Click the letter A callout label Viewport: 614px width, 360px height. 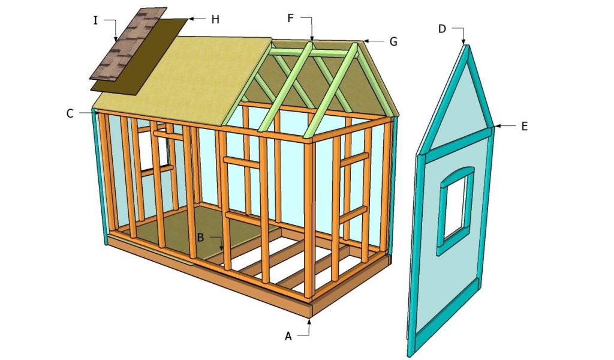pos(288,337)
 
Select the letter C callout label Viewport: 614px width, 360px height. pos(71,112)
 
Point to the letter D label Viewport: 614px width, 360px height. pos(442,29)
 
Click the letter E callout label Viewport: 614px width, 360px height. pos(524,126)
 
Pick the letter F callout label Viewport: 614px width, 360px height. pos(291,18)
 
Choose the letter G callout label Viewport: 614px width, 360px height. pos(393,41)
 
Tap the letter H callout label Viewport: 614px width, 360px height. pos(215,19)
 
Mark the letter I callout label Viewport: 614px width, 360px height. pos(96,20)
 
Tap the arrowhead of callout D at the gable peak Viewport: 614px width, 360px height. pos(464,43)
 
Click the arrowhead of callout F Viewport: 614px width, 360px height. pos(312,40)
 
